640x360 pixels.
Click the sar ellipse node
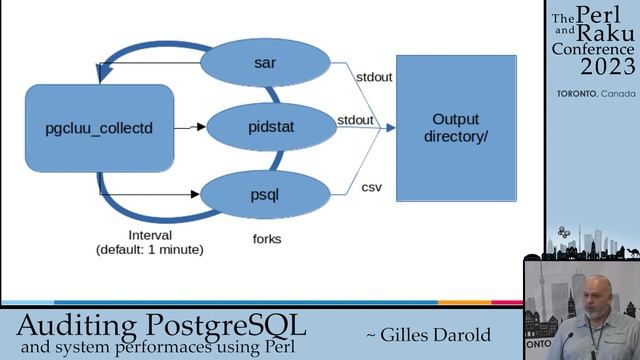[265, 64]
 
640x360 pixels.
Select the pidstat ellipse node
[265, 127]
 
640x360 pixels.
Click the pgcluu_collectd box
[99, 127]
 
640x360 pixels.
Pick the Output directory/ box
[456, 127]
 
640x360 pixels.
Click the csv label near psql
[372, 186]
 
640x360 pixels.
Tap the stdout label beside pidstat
[355, 120]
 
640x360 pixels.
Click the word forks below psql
[267, 239]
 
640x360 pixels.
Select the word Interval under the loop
[150, 235]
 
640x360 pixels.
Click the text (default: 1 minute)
[150, 249]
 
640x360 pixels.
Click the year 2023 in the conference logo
[607, 67]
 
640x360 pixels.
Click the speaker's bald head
[597, 289]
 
